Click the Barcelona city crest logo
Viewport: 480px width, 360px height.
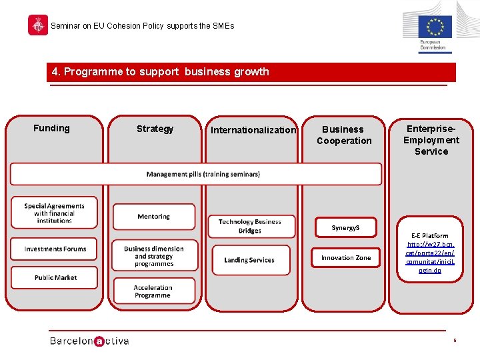[x=37, y=25]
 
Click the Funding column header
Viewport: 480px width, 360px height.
[x=51, y=128]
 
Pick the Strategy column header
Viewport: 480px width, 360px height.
[x=155, y=129]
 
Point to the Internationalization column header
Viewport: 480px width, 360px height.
[x=253, y=130]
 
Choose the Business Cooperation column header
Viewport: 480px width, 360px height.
[x=344, y=135]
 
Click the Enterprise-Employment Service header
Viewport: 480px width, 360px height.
[x=431, y=140]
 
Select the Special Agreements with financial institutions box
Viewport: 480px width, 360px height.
[x=54, y=213]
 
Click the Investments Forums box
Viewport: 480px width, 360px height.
[x=55, y=249]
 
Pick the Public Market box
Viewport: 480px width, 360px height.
[x=55, y=277]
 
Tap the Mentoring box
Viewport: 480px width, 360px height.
[x=154, y=217]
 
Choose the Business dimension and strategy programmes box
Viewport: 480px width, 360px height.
[x=154, y=255]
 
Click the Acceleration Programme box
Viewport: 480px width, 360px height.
[x=153, y=291]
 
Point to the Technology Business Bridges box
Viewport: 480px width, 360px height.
[x=250, y=226]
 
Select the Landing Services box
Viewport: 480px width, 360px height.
[x=250, y=260]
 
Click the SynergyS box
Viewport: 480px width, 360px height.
[x=345, y=228]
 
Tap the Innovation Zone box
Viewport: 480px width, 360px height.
[x=346, y=258]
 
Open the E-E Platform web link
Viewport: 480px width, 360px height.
[x=430, y=257]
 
